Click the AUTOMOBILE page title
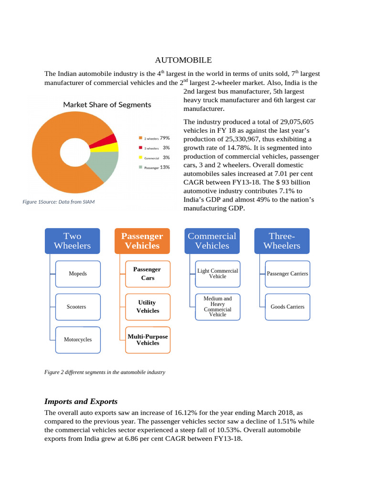(183, 60)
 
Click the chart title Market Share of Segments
(107, 105)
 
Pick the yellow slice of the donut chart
(112, 147)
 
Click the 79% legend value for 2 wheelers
(165, 138)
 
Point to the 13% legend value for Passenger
(165, 167)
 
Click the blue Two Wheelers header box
(73, 241)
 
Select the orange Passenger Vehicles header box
(142, 241)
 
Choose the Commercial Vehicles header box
(212, 241)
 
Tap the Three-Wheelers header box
(282, 241)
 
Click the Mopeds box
(78, 274)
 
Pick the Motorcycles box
(78, 340)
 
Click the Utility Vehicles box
(148, 307)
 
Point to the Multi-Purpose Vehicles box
(148, 340)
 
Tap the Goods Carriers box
(287, 307)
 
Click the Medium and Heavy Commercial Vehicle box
(217, 307)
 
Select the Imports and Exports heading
(81, 402)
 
